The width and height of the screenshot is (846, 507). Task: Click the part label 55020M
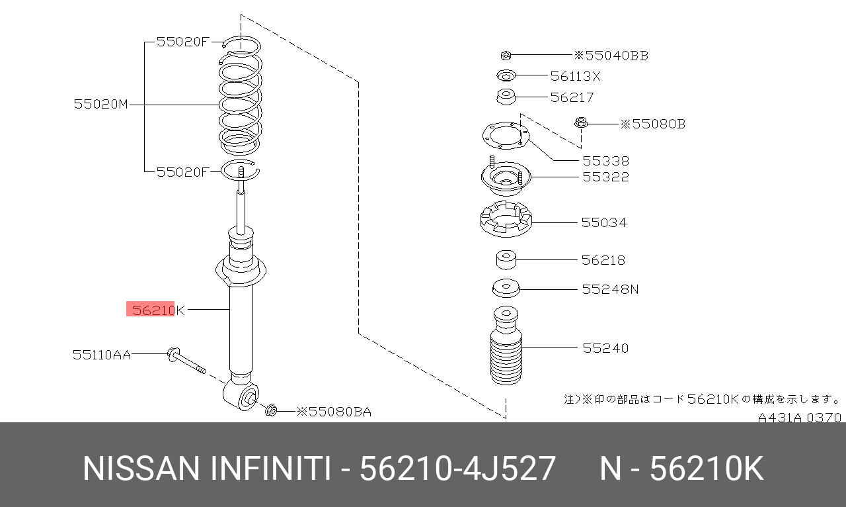101,104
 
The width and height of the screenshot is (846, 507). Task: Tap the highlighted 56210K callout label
159,310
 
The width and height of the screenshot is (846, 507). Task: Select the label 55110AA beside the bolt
102,355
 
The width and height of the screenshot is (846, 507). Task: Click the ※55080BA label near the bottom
334,412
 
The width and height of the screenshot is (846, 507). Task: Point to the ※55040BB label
611,56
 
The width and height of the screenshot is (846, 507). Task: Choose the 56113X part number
575,76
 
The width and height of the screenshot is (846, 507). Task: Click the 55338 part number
606,161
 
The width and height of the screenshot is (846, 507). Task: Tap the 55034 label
604,222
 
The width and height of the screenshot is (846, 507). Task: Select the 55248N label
610,289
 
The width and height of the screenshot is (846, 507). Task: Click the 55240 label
605,348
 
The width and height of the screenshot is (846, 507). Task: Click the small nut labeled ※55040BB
506,56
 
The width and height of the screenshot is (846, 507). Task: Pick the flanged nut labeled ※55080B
581,123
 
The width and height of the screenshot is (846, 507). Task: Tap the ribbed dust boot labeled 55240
506,346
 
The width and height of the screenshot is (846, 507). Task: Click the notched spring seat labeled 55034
506,220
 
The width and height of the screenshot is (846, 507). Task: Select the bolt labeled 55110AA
186,361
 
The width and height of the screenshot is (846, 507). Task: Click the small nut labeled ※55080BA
271,410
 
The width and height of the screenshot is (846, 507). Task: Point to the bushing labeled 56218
506,260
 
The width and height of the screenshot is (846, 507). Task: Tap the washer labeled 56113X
506,75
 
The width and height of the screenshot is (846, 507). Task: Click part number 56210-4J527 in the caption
457,469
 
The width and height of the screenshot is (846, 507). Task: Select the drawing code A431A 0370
800,418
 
